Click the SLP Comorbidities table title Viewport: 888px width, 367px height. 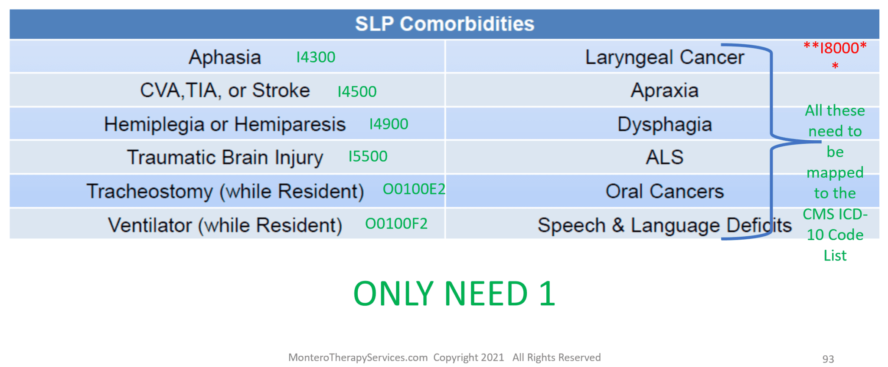(444, 24)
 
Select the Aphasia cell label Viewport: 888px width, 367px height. (225, 57)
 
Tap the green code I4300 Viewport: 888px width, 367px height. (316, 57)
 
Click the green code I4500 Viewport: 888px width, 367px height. (357, 92)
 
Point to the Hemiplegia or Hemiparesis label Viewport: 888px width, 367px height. (225, 125)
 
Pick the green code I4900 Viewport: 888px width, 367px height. (388, 124)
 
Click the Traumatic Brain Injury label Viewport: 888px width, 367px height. (225, 158)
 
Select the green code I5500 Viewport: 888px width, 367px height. (368, 156)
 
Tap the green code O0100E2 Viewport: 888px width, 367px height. (414, 189)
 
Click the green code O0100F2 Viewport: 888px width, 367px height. (396, 224)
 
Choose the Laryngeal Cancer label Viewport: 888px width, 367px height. (664, 57)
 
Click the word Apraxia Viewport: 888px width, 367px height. (664, 91)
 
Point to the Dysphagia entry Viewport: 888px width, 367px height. (664, 125)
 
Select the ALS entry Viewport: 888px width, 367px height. (664, 157)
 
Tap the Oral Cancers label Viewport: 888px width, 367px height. (664, 192)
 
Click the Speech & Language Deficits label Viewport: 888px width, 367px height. (664, 225)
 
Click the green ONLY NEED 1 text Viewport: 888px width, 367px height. (454, 294)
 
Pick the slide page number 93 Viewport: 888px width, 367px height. (828, 359)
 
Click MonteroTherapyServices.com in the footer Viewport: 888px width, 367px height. (358, 357)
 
